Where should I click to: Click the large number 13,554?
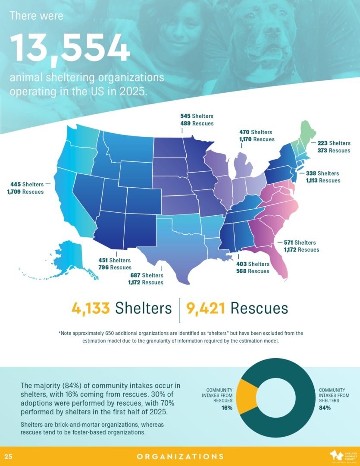pos(70,48)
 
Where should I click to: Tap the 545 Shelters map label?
pos(197,116)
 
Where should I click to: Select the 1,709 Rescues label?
pos(25,192)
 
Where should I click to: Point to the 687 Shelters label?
pos(147,275)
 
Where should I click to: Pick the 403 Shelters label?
pos(253,264)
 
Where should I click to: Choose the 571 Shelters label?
pos(299,242)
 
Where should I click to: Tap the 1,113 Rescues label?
pos(320,180)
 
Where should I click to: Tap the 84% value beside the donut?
pos(325,408)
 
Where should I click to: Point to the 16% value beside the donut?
pos(227,408)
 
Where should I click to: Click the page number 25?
pos(8,457)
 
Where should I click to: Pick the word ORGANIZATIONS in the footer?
pos(180,457)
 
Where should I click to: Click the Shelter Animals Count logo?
pos(341,456)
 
